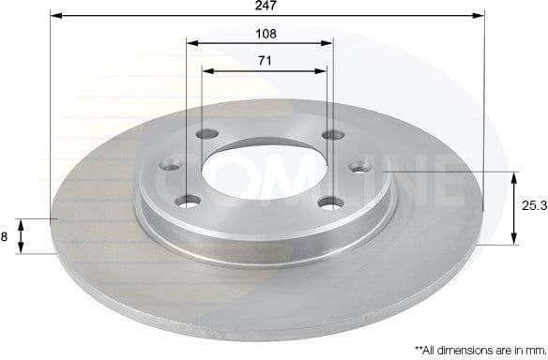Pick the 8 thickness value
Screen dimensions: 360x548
[x=5, y=237]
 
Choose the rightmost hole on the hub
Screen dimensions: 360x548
[x=358, y=167]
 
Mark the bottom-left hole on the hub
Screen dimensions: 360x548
[x=190, y=200]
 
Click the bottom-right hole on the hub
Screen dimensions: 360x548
[x=327, y=201]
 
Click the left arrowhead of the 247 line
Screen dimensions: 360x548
[x=53, y=16]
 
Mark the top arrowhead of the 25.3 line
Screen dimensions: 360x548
[x=513, y=176]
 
